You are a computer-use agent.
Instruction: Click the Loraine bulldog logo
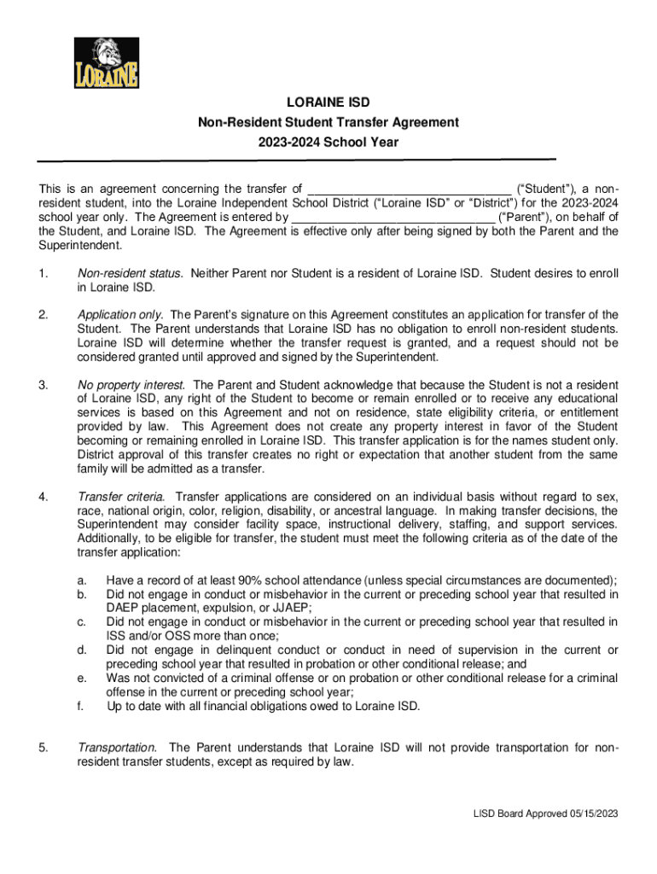(106, 62)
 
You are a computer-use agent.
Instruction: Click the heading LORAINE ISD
(328, 103)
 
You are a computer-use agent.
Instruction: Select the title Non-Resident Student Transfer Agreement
(328, 123)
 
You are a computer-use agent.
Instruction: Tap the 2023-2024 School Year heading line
(328, 143)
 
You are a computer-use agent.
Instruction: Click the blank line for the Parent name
(392, 218)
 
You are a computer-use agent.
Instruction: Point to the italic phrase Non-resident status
(131, 274)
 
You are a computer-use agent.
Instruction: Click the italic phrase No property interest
(133, 385)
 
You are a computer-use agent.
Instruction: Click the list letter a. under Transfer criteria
(82, 580)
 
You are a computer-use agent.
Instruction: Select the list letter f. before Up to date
(81, 706)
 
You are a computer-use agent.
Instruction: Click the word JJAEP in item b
(291, 608)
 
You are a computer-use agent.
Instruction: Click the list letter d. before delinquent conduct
(82, 650)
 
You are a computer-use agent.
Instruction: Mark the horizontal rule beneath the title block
(295, 160)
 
